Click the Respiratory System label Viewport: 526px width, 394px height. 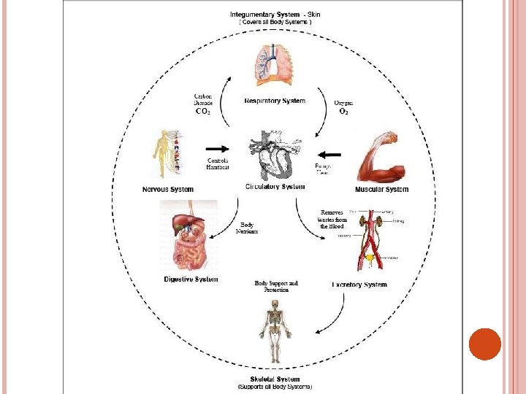(275, 101)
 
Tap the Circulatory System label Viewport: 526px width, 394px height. (275, 187)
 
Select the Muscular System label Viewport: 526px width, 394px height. (381, 190)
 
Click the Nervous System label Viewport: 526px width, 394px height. (168, 190)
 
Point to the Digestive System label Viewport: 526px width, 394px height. (191, 279)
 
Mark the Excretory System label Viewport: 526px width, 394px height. (359, 285)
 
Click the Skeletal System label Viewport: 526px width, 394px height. (275, 379)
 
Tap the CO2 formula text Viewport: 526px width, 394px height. (203, 112)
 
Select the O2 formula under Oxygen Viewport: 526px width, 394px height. (343, 112)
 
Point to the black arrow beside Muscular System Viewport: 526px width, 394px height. (330, 154)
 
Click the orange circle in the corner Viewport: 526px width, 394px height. (484, 344)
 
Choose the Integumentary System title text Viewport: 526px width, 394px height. (265, 15)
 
